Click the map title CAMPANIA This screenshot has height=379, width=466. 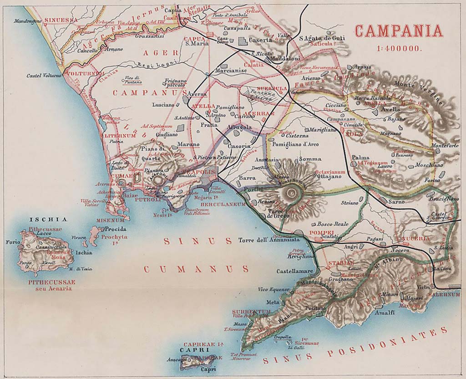coord(399,31)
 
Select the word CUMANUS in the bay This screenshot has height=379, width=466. coord(196,269)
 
